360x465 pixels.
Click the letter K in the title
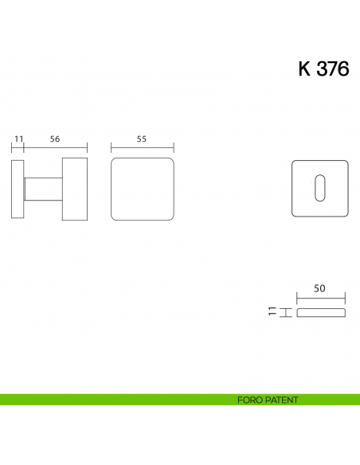pos(304,68)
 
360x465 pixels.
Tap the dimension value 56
pos(55,139)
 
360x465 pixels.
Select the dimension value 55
pos(142,139)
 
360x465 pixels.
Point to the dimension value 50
pos(320,291)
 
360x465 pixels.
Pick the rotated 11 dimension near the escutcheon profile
pos(272,311)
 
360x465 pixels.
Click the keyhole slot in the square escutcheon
pos(320,188)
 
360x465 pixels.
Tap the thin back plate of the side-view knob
pos(18,188)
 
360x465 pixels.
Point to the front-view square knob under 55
pos(142,188)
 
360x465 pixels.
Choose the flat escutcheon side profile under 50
pos(320,311)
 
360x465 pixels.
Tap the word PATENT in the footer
pos(282,400)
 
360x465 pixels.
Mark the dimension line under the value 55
pos(142,147)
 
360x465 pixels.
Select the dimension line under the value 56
pos(55,147)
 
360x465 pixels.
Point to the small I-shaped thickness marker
pos(282,311)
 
